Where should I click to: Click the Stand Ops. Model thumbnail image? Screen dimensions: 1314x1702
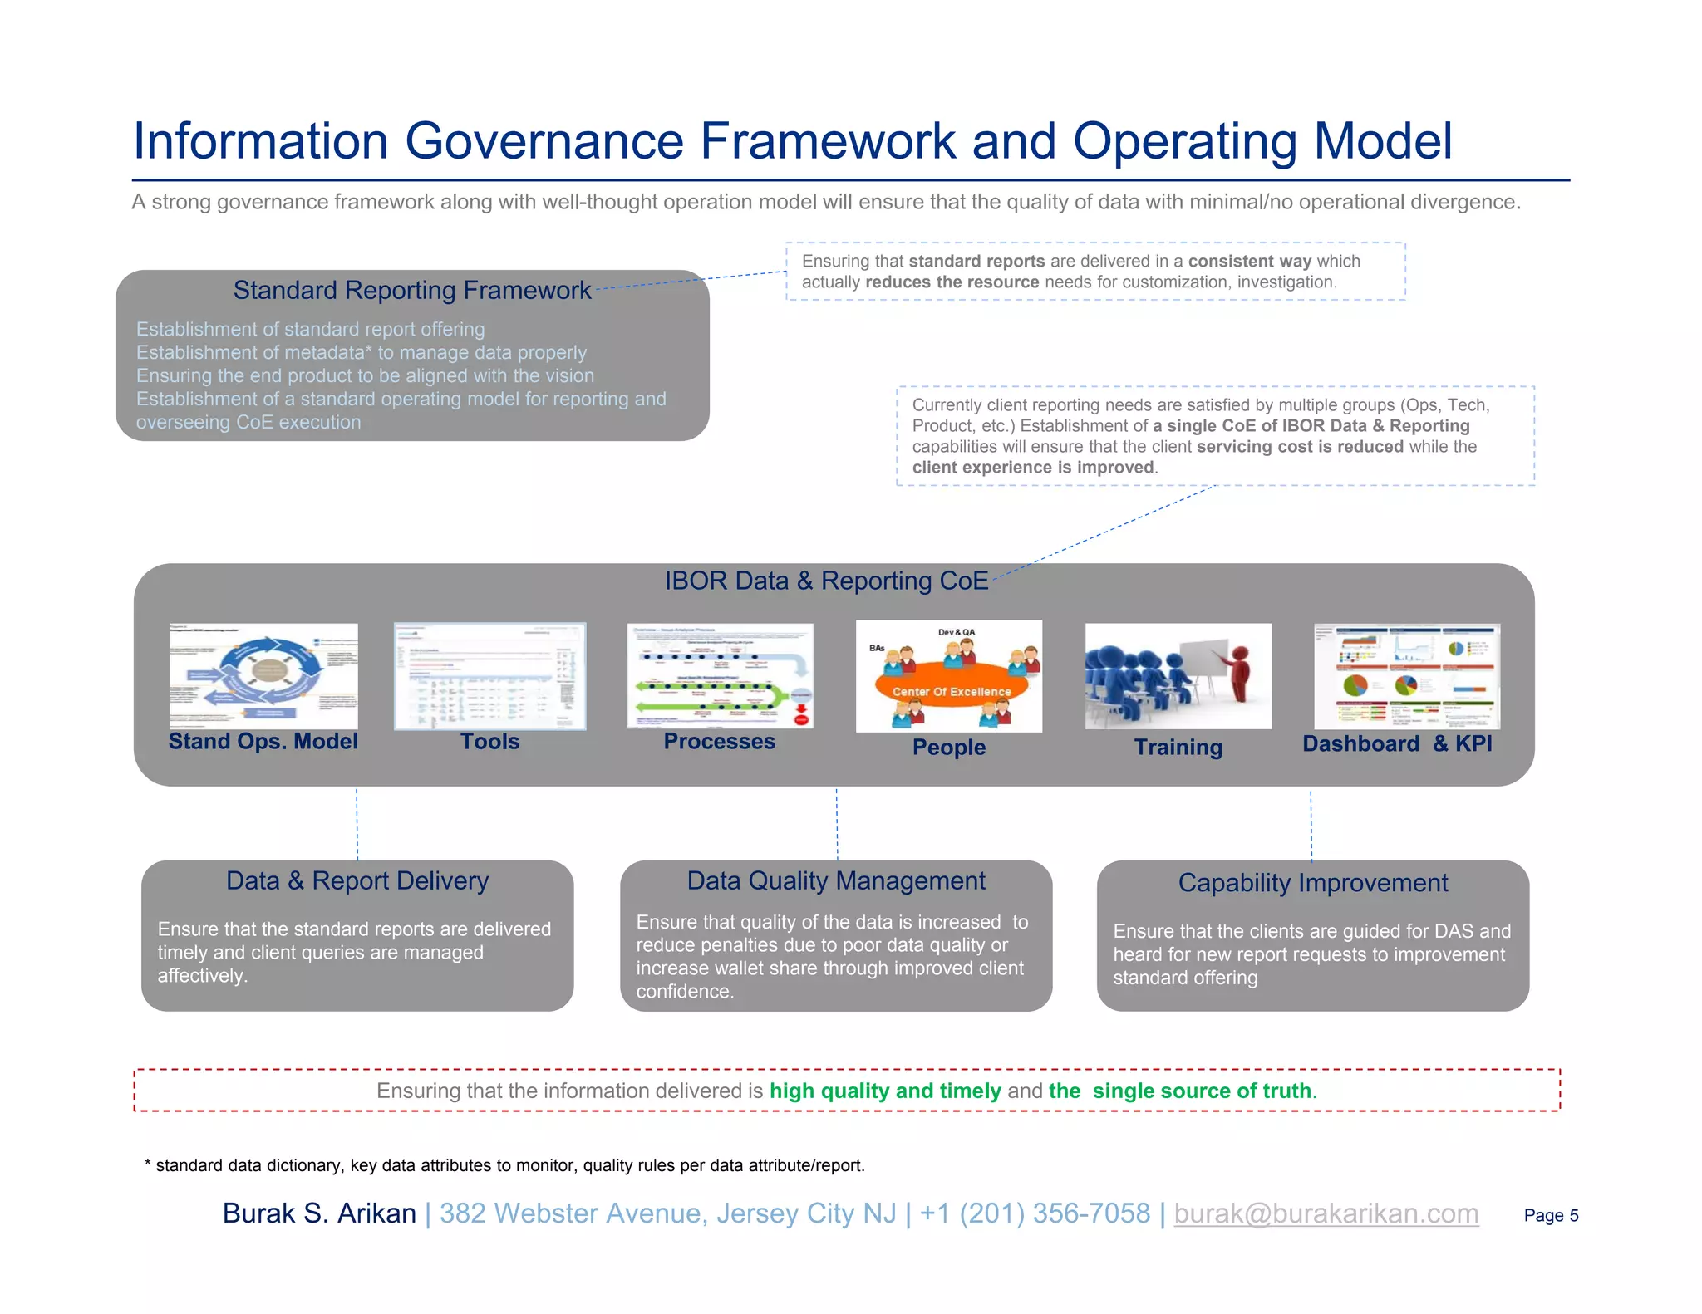click(x=263, y=675)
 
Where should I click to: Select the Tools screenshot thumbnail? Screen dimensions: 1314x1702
click(x=489, y=675)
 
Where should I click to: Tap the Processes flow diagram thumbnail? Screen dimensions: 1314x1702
click(x=720, y=675)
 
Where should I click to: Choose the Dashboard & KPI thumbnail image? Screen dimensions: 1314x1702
click(x=1406, y=675)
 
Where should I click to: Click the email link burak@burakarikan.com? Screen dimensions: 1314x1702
click(x=1326, y=1213)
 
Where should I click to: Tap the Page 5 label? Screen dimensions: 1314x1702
click(x=1551, y=1215)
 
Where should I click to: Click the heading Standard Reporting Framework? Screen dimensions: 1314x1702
click(x=411, y=290)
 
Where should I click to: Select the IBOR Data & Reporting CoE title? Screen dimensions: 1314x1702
click(x=826, y=581)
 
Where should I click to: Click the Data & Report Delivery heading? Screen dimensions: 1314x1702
click(x=357, y=880)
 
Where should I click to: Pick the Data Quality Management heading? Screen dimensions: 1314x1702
click(x=836, y=880)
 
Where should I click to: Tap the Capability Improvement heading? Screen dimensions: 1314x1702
click(x=1313, y=882)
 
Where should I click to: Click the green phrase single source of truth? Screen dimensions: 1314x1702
click(x=1202, y=1091)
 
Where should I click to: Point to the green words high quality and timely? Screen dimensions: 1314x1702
click(x=885, y=1091)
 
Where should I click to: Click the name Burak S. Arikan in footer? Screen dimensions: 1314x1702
click(x=319, y=1213)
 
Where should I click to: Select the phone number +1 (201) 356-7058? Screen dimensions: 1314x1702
click(x=1035, y=1213)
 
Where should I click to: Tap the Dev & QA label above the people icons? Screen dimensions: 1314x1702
click(x=956, y=632)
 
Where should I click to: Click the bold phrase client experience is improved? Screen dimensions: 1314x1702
click(x=1033, y=467)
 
